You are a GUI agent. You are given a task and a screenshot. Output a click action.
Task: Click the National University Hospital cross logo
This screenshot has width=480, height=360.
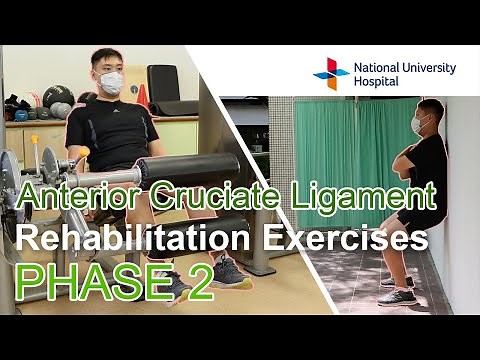click(331, 73)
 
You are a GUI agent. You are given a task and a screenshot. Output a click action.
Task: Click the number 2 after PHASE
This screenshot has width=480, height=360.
click(199, 283)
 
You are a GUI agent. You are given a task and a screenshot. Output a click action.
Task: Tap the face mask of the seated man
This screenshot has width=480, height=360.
click(111, 82)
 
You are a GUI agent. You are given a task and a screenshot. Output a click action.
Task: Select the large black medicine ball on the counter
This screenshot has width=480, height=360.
click(57, 97)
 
